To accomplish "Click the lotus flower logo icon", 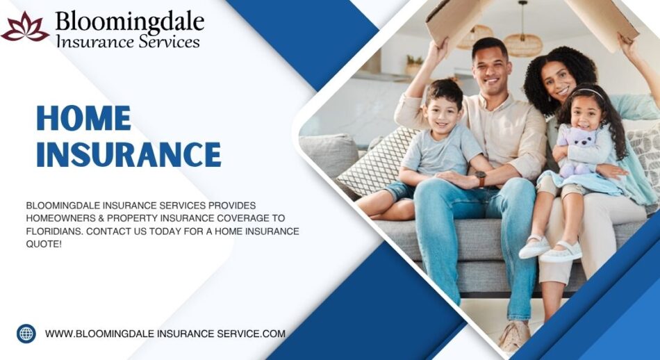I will [25, 27].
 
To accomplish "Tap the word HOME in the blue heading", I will [83, 118].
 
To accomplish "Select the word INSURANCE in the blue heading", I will [129, 154].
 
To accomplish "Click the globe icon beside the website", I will [26, 334].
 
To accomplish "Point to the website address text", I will [165, 334].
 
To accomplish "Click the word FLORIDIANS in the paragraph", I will [56, 231].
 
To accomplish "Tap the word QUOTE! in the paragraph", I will [44, 243].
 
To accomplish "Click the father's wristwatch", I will [481, 179].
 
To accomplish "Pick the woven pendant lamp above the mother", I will [523, 43].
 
